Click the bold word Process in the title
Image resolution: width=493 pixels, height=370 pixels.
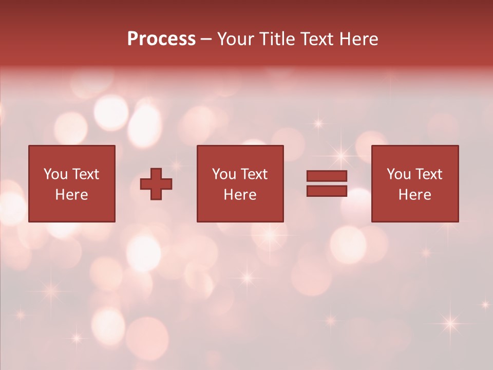click(x=161, y=39)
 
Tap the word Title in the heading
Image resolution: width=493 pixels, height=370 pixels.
click(x=278, y=39)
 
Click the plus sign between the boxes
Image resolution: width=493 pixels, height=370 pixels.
click(x=156, y=184)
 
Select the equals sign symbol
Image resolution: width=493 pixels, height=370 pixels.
click(x=327, y=183)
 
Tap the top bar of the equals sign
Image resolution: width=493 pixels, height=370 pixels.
click(x=327, y=176)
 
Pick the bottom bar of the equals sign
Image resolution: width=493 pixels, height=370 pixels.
click(x=327, y=191)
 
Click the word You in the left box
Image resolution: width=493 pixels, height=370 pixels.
click(x=55, y=174)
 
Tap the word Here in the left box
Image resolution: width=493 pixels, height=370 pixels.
click(x=72, y=195)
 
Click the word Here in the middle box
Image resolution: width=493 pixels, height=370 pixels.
click(x=240, y=195)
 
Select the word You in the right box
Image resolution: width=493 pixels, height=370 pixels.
click(x=399, y=174)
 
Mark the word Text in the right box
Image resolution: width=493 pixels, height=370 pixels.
click(x=428, y=174)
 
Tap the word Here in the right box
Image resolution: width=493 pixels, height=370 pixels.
click(x=415, y=195)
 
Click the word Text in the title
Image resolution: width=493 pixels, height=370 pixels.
click(x=317, y=39)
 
